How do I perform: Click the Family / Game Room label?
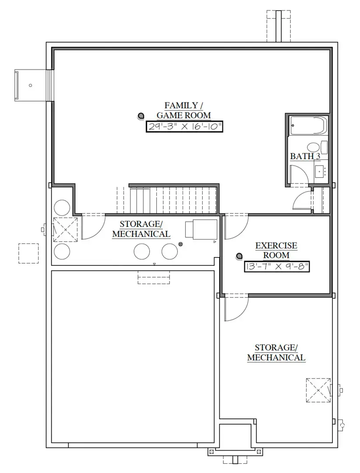[x=184, y=110]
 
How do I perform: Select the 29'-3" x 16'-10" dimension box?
[x=184, y=127]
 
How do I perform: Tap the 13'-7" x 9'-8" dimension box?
[x=276, y=266]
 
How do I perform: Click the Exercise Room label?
[x=276, y=250]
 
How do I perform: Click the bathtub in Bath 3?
[x=308, y=126]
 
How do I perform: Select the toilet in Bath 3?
[x=314, y=147]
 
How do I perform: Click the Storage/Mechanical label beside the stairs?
[x=141, y=229]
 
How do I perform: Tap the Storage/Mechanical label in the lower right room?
[x=276, y=353]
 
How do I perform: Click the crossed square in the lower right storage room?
[x=318, y=389]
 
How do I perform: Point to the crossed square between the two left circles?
[x=65, y=229]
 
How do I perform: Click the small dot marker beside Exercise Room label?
[x=239, y=255]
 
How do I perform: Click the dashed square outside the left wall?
[x=28, y=253]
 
